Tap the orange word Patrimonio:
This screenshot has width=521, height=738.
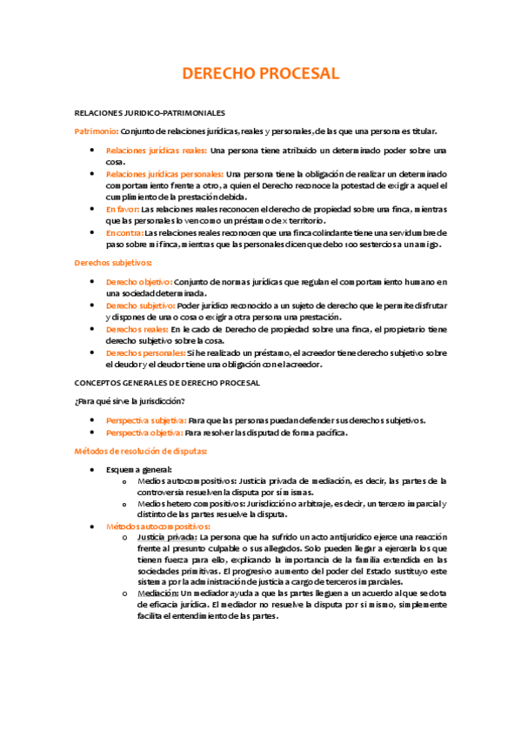[97, 131]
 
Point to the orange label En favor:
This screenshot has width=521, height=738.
[122, 210]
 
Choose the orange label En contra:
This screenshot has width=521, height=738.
[124, 233]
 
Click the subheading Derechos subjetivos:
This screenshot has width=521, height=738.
[113, 263]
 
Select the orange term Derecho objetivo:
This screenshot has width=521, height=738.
[138, 282]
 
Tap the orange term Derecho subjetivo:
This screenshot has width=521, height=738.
[140, 305]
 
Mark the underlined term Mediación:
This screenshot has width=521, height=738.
[157, 593]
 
